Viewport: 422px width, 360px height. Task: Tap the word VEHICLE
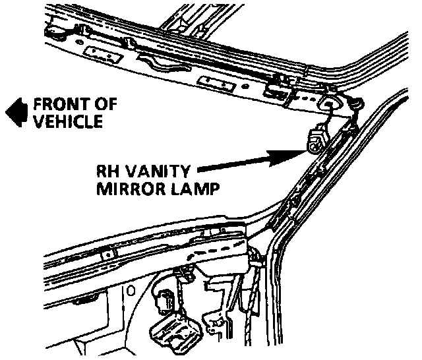[x=68, y=121]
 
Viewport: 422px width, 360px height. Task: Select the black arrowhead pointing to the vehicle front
[x=15, y=113]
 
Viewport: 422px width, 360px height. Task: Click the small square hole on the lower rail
[x=107, y=253]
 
